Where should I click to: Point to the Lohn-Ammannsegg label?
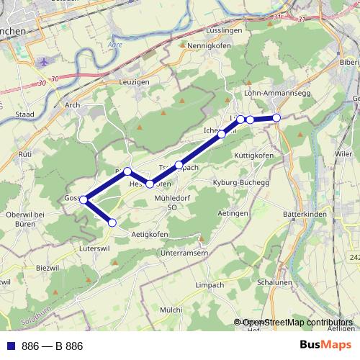click(x=275, y=94)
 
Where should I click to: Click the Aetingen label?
click(x=234, y=214)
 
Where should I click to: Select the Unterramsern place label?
click(x=185, y=253)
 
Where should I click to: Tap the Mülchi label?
click(x=171, y=309)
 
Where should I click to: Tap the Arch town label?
click(x=72, y=104)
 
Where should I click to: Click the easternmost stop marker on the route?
click(x=276, y=117)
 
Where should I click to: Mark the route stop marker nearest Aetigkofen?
click(x=112, y=223)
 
